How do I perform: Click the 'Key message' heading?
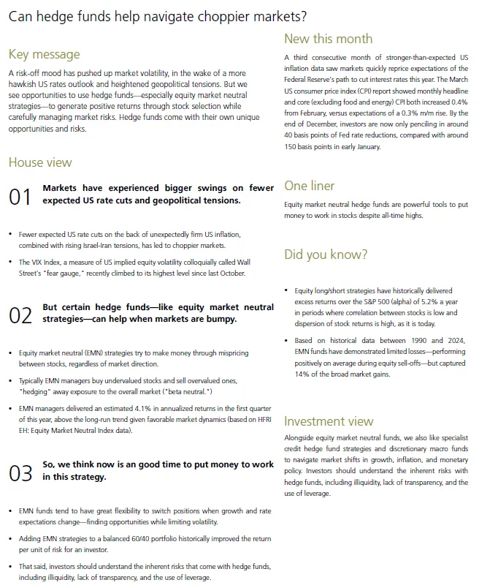coord(44,55)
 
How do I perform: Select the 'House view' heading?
coord(40,162)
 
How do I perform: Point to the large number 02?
coord(20,315)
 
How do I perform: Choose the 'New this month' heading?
coord(328,39)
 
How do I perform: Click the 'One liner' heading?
coord(310,186)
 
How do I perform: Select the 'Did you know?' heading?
coord(326,255)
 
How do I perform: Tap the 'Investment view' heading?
coord(329,421)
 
